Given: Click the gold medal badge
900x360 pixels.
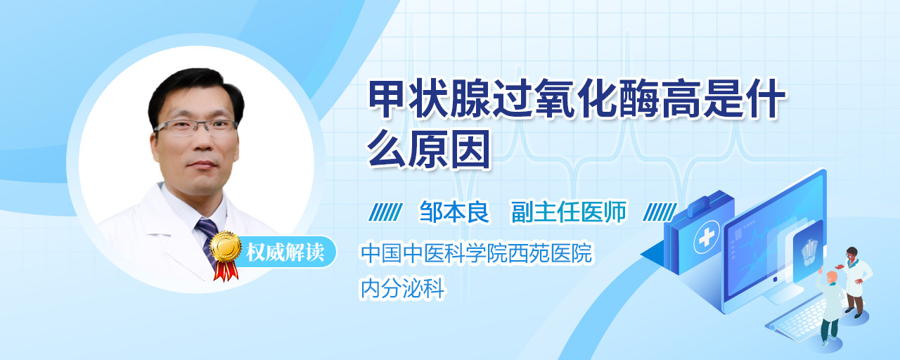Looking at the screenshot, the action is coord(226,246).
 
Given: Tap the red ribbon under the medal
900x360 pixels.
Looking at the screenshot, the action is coord(226,271).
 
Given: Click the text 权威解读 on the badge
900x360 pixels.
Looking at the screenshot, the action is coord(285,252).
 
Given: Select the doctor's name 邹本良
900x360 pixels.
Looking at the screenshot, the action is coord(454,212).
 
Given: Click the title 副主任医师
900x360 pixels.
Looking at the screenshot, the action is coord(569,212).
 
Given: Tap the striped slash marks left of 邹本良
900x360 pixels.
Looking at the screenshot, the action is coord(386,212).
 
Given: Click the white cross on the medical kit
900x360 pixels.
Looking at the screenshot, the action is coord(707,238).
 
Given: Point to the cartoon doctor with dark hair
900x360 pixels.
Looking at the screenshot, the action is coord(855,281).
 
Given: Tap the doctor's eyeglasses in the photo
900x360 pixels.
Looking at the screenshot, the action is coord(196,127).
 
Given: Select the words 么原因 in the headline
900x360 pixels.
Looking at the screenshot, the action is coord(429,148).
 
